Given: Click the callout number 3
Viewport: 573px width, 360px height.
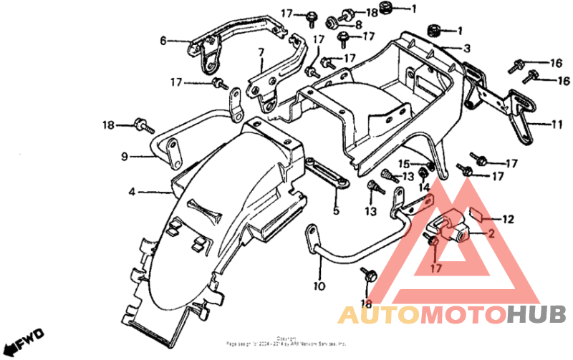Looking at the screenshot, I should pos(466,49).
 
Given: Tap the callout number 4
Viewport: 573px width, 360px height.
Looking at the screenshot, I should pos(132,192).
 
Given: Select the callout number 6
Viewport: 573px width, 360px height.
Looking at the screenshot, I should pos(163,41).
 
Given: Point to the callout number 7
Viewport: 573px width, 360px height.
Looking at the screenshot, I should pos(261,52).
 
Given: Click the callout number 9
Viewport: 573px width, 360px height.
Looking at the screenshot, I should pos(124,156).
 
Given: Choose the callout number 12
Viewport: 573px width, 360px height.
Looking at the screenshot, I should pos(508,219).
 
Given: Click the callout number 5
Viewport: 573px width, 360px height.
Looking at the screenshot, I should pos(335,211).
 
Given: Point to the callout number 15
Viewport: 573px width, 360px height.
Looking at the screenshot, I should pos(403,164).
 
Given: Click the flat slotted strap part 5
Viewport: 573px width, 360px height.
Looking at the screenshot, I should pos(327,176).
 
